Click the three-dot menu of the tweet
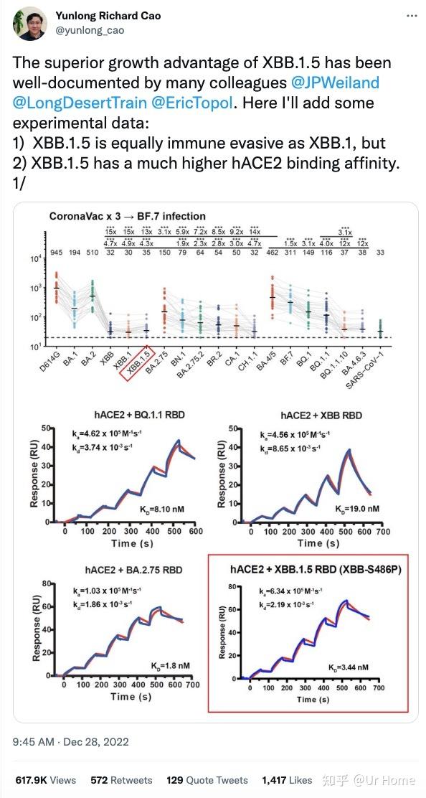[x=410, y=17]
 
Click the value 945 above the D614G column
[x=56, y=253]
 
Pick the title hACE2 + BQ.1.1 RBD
[x=126, y=415]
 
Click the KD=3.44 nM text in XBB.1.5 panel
[x=348, y=667]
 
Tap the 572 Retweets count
[x=121, y=780]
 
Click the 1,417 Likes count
[x=287, y=780]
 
